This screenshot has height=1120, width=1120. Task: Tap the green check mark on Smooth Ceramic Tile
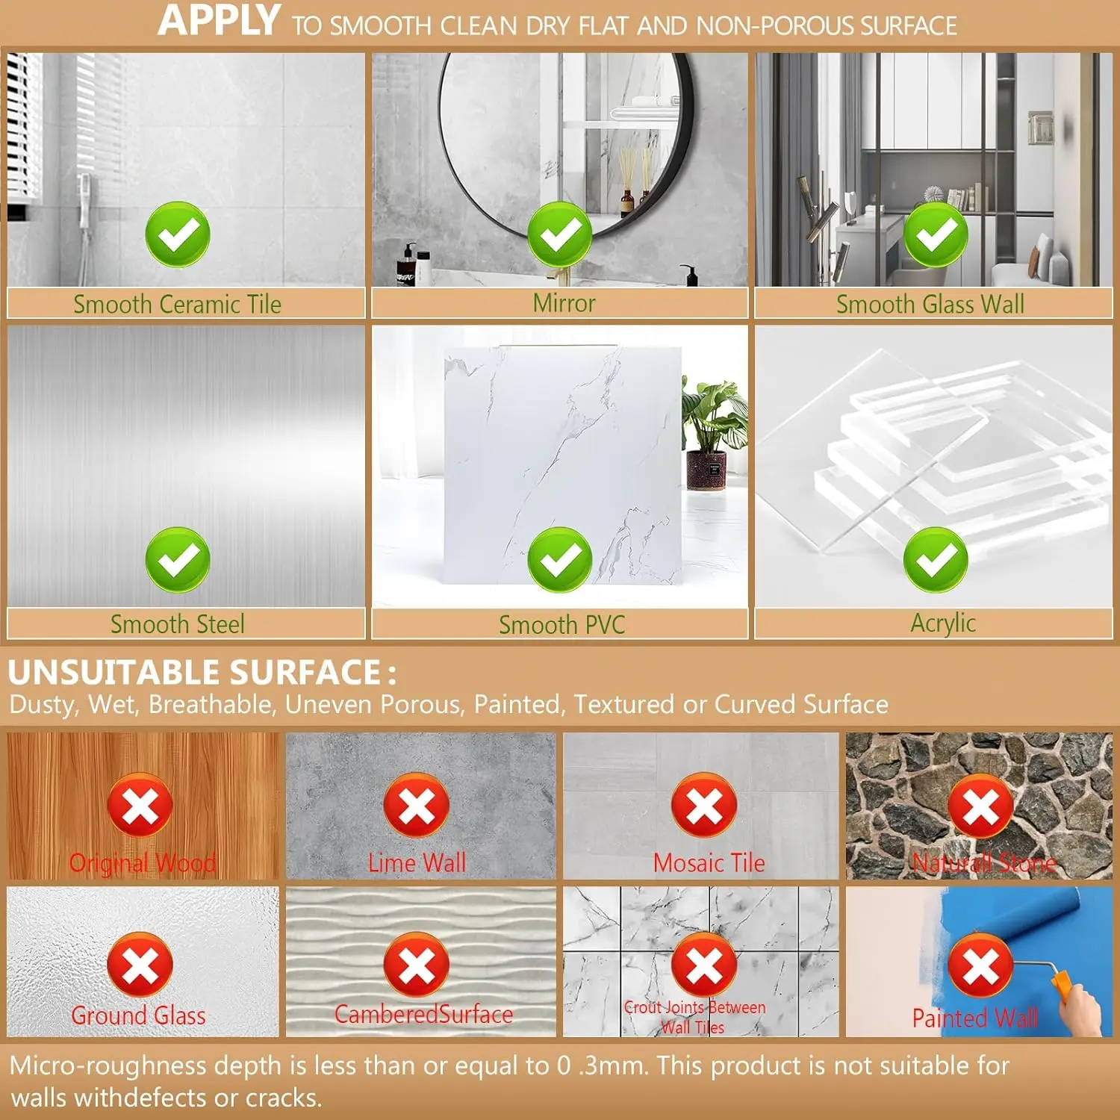click(178, 234)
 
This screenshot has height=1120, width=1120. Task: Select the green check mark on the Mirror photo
click(560, 234)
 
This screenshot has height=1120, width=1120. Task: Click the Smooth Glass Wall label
click(930, 304)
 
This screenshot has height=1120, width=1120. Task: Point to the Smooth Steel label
click(178, 623)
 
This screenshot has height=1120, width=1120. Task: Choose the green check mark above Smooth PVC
click(560, 559)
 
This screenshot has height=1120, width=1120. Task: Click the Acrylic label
click(943, 623)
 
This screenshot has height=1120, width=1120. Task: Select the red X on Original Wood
click(140, 806)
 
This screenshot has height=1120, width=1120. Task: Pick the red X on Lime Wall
click(416, 806)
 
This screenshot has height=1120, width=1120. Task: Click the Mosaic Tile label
click(709, 863)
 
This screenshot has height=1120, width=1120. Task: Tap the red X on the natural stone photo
click(980, 806)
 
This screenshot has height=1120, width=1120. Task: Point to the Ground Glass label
click(139, 1015)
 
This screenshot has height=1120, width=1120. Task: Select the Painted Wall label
click(975, 1018)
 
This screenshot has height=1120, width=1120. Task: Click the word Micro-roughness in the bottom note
click(108, 1065)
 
